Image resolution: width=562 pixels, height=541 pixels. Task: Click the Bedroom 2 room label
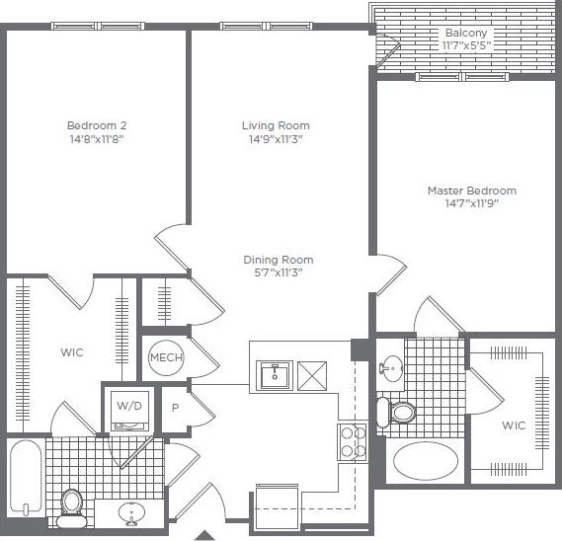coord(96,125)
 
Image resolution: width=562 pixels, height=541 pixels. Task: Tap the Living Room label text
coord(276,125)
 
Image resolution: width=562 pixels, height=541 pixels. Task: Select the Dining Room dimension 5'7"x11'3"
coord(278,273)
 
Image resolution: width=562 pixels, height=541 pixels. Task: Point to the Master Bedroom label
coord(471,191)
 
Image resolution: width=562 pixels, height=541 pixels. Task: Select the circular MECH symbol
coord(165,357)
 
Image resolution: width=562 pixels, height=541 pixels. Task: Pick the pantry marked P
coord(175,407)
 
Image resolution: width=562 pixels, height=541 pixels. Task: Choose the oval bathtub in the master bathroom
coord(425,460)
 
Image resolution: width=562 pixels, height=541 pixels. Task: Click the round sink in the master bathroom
coord(392,370)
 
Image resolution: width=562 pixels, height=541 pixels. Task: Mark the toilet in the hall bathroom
coord(71,502)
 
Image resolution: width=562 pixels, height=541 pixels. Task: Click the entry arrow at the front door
coord(203,534)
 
